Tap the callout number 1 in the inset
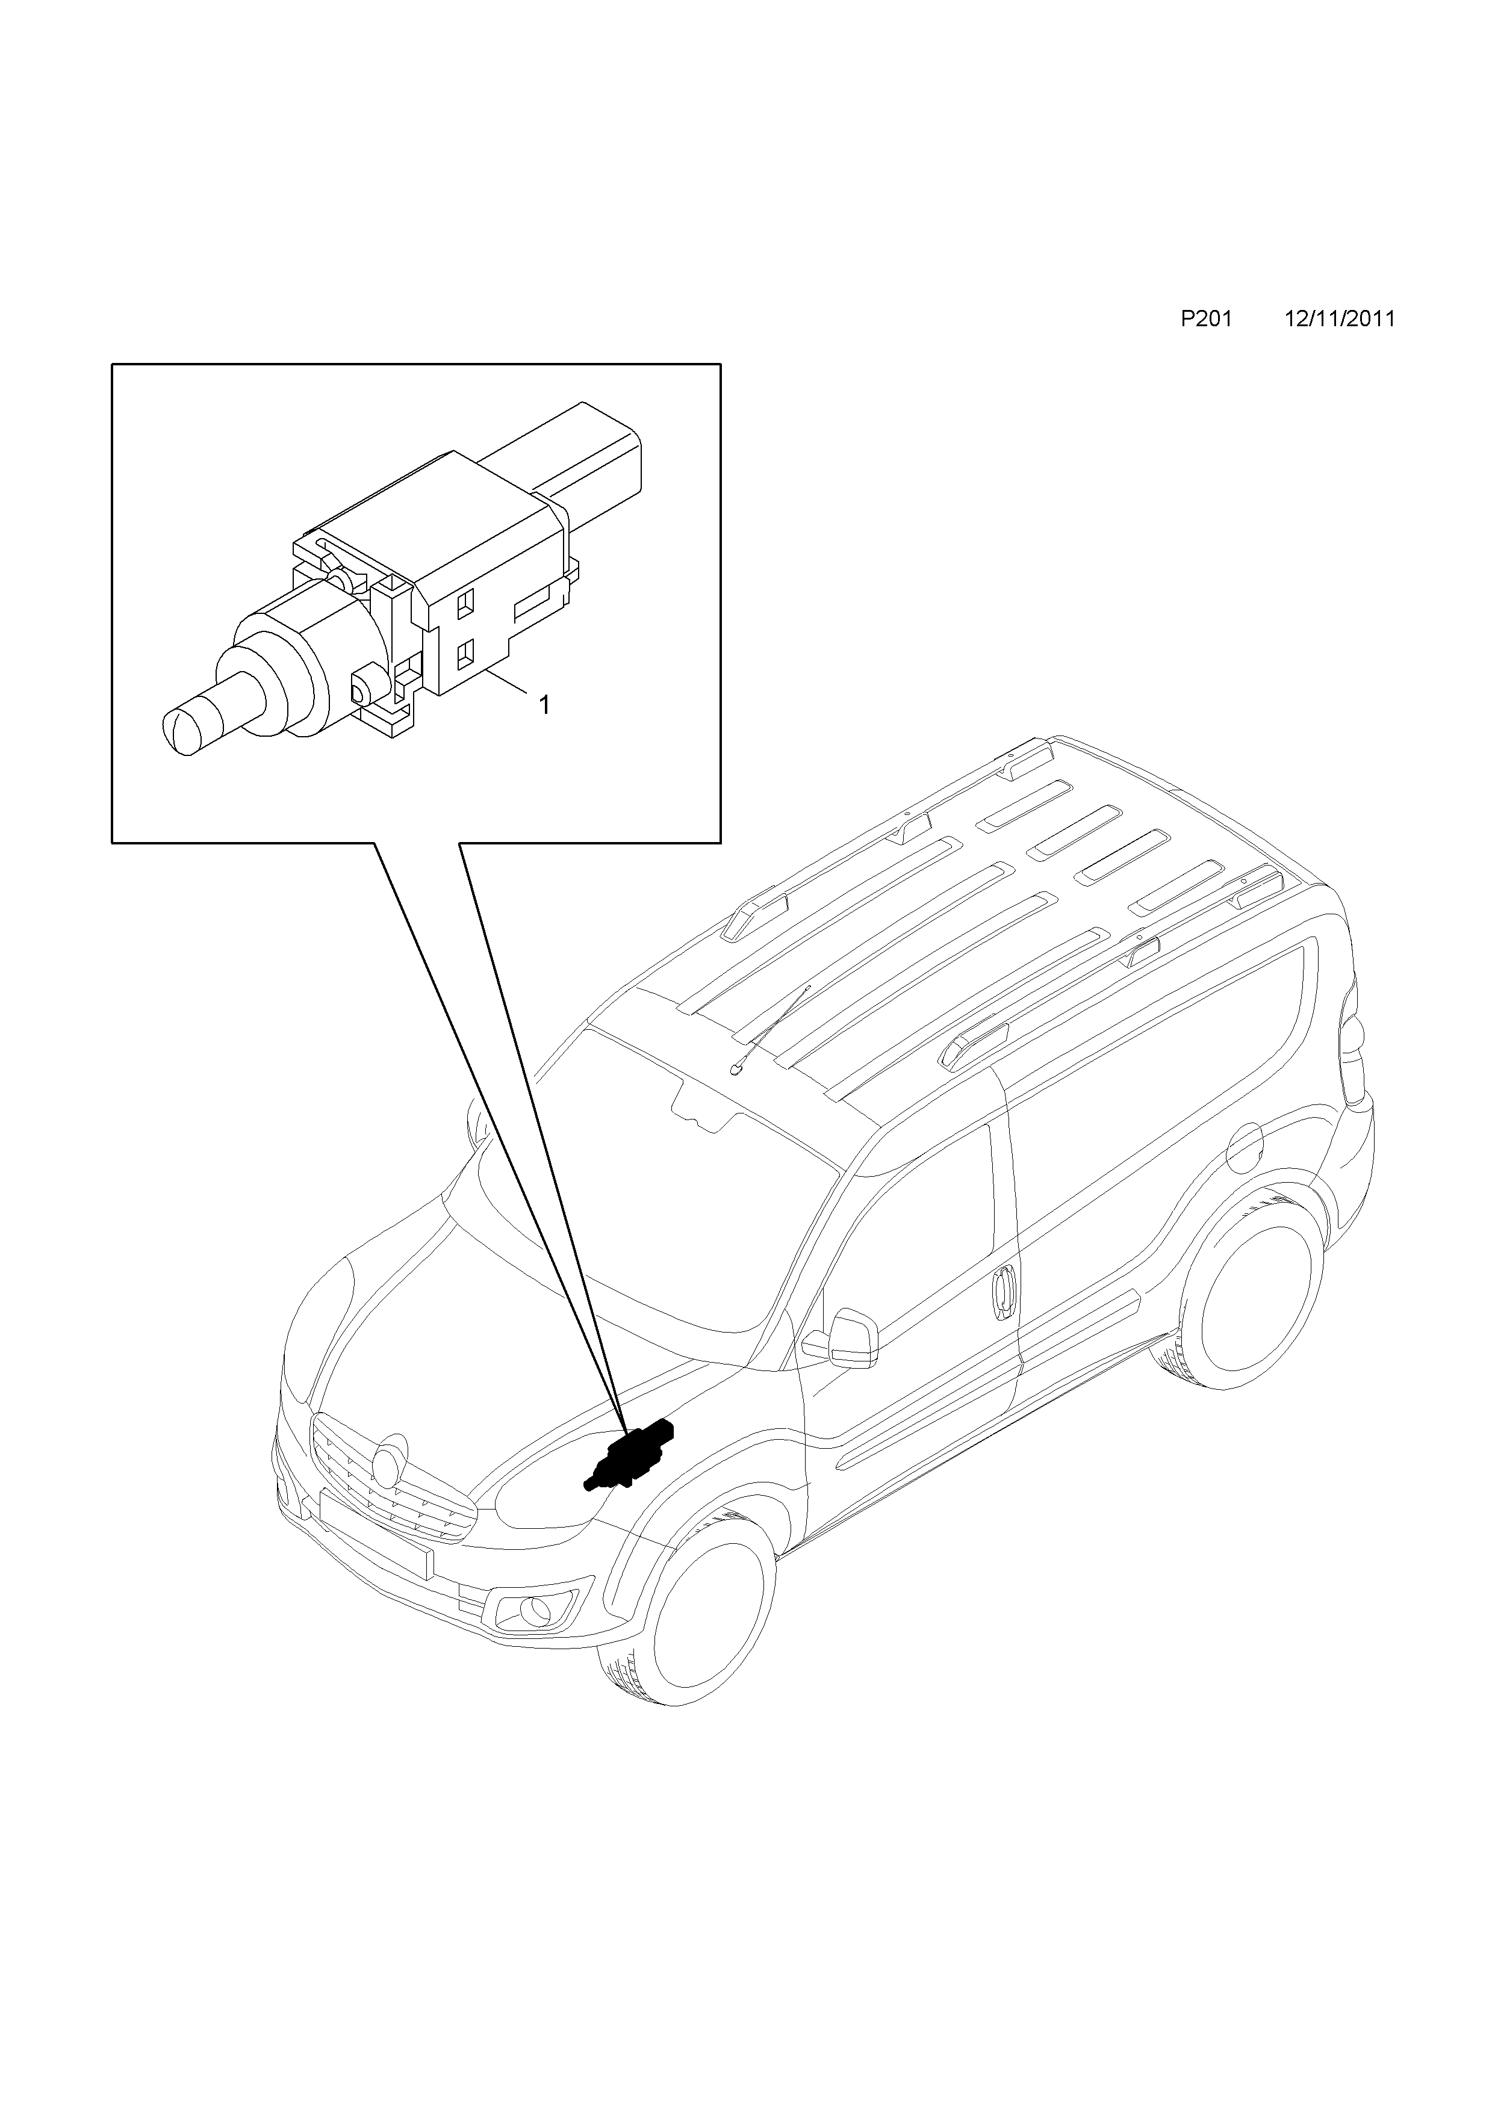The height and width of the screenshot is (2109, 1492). click(x=544, y=705)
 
